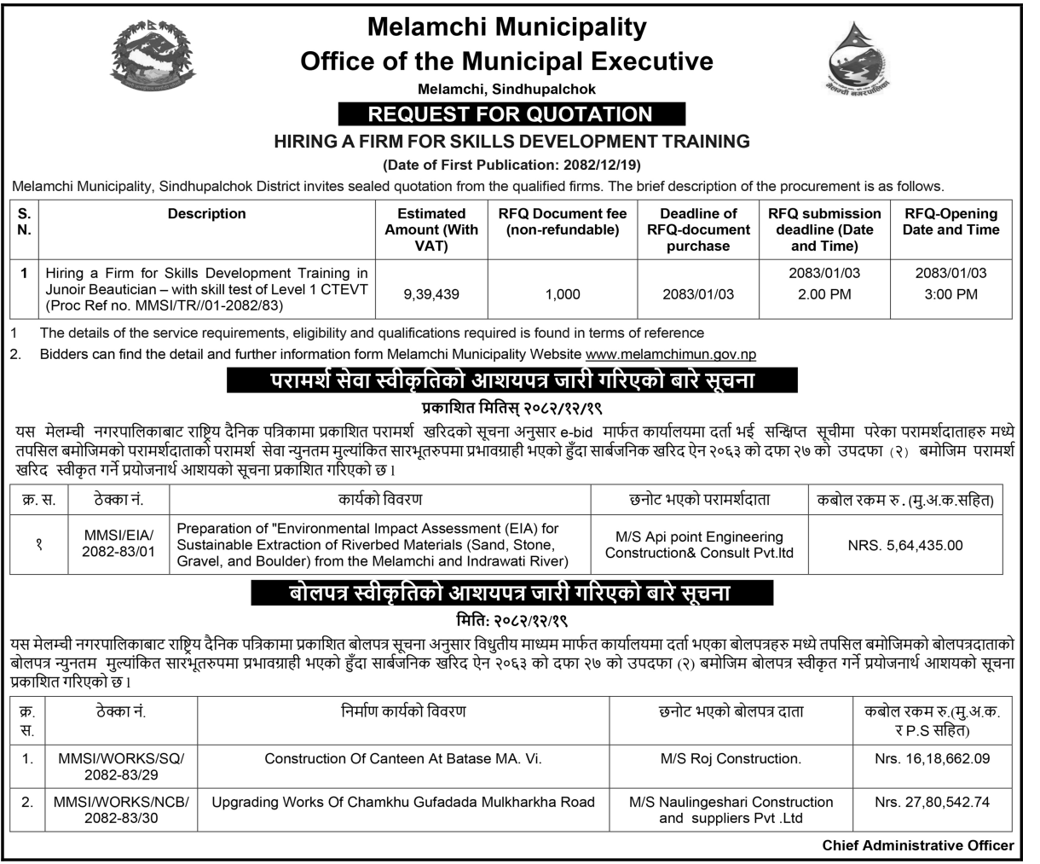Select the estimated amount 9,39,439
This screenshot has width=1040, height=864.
(x=431, y=294)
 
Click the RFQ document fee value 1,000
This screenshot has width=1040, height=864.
(x=562, y=294)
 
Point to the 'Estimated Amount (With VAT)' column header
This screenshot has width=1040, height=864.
(x=431, y=229)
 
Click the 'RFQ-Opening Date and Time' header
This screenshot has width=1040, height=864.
(x=950, y=222)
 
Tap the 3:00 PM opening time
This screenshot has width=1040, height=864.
(x=950, y=295)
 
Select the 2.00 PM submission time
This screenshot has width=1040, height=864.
(x=824, y=295)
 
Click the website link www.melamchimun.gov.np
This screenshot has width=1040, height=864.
(x=670, y=354)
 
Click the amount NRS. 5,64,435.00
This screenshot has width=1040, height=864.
(x=905, y=545)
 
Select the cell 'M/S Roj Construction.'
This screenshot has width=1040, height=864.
(x=731, y=757)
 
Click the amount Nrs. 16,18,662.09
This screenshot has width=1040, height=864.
(x=932, y=757)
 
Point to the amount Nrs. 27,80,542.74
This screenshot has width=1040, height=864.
(x=932, y=802)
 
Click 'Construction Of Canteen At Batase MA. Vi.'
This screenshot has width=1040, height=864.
(x=403, y=757)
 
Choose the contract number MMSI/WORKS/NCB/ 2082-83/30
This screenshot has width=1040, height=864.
(x=121, y=810)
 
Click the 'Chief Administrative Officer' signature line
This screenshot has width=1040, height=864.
(x=918, y=845)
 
